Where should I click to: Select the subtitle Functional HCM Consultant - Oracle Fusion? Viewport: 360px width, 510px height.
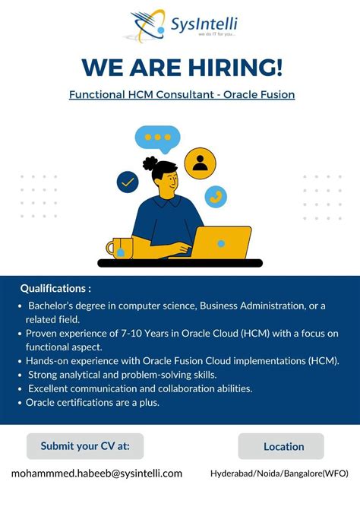pos(182,95)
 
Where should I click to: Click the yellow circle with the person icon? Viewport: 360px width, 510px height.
pos(200,162)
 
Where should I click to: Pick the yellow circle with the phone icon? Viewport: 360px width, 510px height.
pos(215,196)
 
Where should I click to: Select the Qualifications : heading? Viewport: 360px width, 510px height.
pos(55,289)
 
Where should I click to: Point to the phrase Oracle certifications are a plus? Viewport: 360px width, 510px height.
pos(93,402)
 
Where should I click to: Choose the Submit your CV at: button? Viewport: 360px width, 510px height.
pos(85,446)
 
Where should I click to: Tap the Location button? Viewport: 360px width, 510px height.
pos(283,447)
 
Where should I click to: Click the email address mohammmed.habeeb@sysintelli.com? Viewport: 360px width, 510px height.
pos(96,474)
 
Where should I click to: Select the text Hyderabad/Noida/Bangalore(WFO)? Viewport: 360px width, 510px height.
pos(279,474)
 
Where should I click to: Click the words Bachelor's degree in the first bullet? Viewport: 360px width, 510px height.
pos(65,306)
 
